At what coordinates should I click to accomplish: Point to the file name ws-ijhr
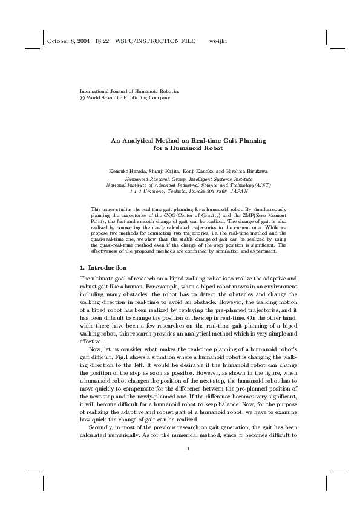coord(218,41)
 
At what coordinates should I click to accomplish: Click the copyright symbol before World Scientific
coord(82,97)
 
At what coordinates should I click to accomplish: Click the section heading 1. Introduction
coord(103,267)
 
